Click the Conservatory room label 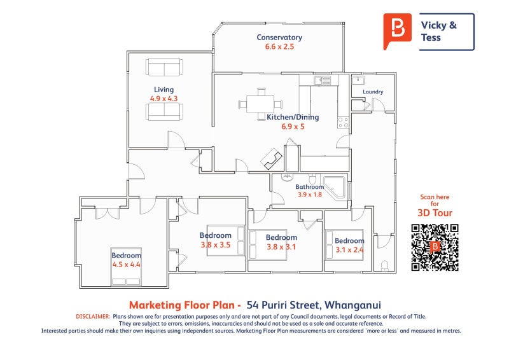(279, 38)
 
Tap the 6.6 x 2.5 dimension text (279, 46)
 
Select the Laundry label (373, 92)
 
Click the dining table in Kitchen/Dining (260, 104)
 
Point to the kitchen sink (322, 81)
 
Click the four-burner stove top (343, 122)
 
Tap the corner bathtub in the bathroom (334, 188)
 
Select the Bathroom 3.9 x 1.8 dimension (310, 195)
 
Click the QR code (435, 247)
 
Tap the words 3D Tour (435, 213)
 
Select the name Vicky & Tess (438, 32)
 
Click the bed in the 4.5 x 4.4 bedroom (126, 267)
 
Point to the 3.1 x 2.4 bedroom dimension (349, 250)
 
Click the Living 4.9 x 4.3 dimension (164, 99)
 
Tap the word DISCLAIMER (93, 317)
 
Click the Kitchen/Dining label (293, 117)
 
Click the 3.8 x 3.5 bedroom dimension (215, 245)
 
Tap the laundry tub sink (358, 80)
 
